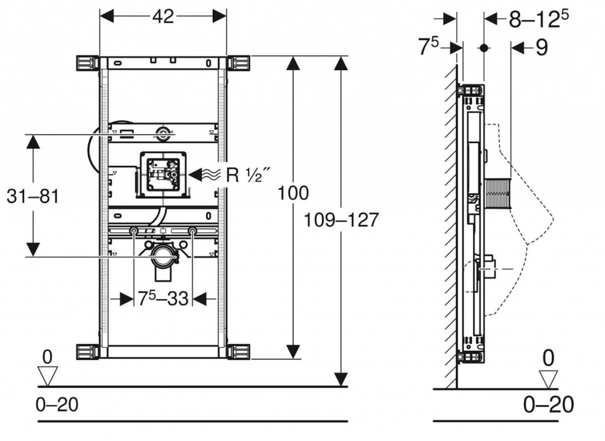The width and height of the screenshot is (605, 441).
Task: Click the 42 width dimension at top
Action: tap(163, 17)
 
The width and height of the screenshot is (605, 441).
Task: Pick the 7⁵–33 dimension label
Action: tap(163, 299)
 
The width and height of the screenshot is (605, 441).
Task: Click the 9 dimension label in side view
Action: tap(541, 48)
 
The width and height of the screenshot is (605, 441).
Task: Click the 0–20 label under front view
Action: tap(57, 405)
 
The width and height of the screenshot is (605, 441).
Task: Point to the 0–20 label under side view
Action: tap(549, 405)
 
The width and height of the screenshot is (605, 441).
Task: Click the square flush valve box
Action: tap(162, 175)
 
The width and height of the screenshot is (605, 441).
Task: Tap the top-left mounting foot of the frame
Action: tap(86, 63)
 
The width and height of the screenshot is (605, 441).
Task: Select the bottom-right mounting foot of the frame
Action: tap(239, 351)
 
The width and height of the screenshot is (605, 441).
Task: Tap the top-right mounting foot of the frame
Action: tap(239, 63)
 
